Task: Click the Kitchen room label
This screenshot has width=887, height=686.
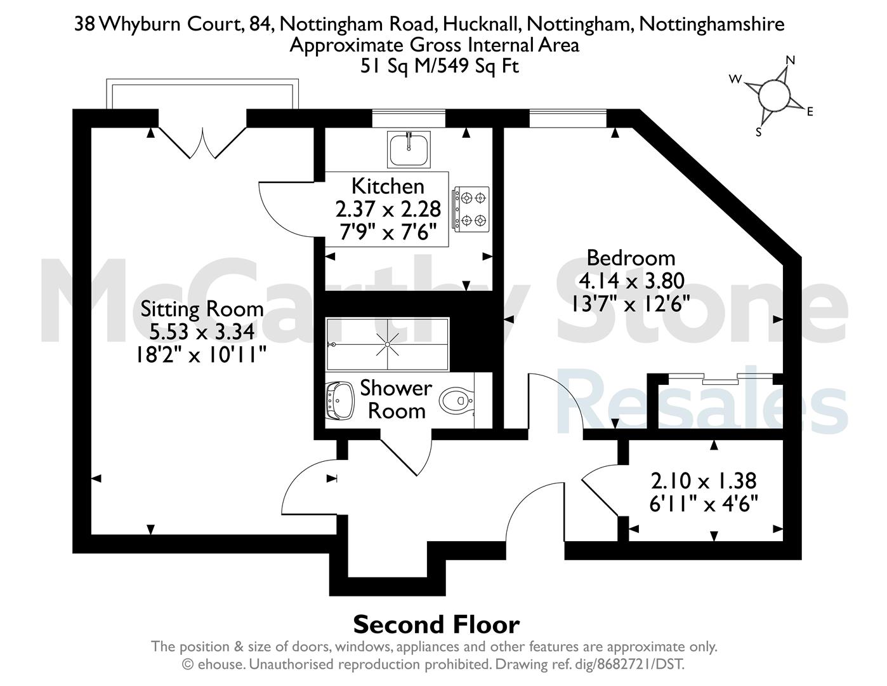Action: pos(388,186)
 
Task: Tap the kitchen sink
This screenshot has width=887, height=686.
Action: pos(409,149)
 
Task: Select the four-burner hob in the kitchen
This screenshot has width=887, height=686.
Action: pos(470,209)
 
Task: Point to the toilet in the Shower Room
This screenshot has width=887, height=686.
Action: pos(456,400)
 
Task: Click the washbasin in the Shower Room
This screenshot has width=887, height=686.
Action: pos(339,400)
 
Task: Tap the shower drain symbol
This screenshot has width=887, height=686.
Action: pos(388,344)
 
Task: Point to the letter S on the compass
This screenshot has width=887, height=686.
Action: pos(758,132)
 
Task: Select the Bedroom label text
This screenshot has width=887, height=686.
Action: pos(631,258)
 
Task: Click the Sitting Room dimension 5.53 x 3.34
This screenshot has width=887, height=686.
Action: pos(202,332)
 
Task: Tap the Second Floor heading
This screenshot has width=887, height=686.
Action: pos(437,625)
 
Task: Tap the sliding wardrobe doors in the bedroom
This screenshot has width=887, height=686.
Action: pos(721,379)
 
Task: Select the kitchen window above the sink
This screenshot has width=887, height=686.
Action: pos(409,119)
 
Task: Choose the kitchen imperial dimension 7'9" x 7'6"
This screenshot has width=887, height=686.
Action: pos(388,232)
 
